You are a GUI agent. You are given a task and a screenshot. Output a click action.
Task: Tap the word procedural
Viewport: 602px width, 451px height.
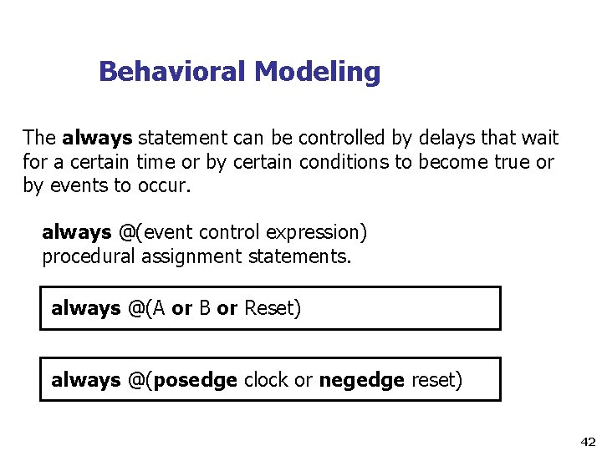[89, 256]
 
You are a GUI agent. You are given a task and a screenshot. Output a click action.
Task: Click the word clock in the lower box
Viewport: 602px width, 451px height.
[266, 381]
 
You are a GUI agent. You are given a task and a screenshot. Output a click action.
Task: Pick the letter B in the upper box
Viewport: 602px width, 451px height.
[204, 309]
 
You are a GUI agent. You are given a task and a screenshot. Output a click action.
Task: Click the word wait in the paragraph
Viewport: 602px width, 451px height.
[540, 138]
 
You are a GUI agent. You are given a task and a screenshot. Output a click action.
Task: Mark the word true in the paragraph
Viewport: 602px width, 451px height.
[507, 162]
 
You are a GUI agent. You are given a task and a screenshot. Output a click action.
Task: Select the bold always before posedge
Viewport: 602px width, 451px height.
[85, 381]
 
